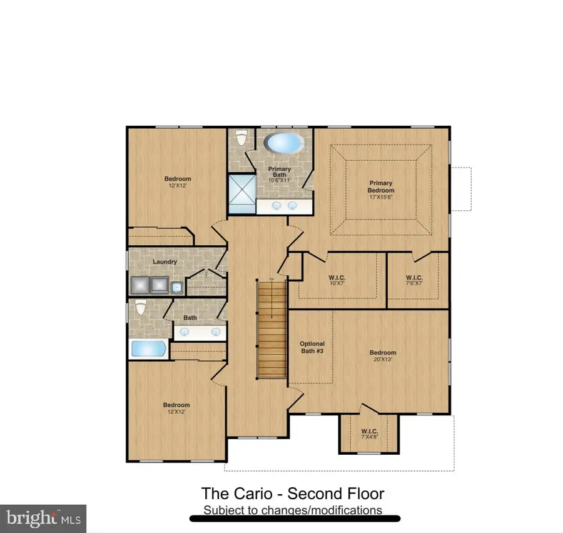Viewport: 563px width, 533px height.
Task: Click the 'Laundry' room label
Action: pos(165,261)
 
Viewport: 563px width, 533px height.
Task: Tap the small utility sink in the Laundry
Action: pos(177,287)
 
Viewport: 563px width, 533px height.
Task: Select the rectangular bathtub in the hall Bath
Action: pos(148,348)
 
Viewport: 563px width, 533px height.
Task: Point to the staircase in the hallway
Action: pos(271,328)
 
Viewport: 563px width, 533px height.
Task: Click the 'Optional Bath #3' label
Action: pos(312,347)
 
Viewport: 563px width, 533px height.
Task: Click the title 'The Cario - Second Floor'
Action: pos(292,494)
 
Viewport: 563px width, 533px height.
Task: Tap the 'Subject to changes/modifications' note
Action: pos(292,510)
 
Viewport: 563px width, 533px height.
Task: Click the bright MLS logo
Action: pos(43,518)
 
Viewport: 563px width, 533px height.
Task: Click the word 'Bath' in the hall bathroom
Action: pos(190,318)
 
